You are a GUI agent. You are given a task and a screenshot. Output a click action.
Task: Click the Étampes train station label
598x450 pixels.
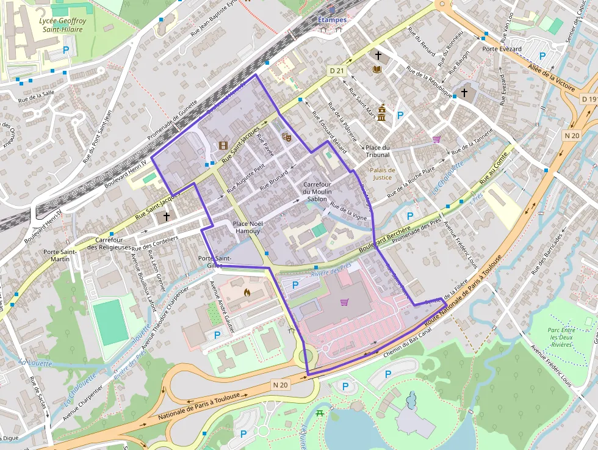tap(332, 20)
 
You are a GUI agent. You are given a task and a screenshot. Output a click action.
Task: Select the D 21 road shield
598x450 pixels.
tap(337, 70)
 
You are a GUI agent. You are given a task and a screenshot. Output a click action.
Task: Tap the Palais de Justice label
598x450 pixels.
tap(382, 174)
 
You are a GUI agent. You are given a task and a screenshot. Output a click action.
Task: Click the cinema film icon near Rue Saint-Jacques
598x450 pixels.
tap(223, 145)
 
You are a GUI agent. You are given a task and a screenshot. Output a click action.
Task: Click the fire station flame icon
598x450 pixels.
tap(247, 292)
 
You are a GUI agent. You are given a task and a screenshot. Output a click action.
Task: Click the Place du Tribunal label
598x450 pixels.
tap(378, 151)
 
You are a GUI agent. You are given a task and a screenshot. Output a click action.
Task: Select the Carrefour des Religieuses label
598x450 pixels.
tap(109, 244)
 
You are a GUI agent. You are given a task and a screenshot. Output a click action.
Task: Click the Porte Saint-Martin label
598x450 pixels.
tap(60, 255)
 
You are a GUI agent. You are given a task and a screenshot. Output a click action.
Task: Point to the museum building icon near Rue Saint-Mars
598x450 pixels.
tap(381, 113)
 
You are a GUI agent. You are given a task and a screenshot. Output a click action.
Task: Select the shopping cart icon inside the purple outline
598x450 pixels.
tap(344, 302)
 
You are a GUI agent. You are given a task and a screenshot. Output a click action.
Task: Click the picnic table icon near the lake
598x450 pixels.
tap(321, 414)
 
